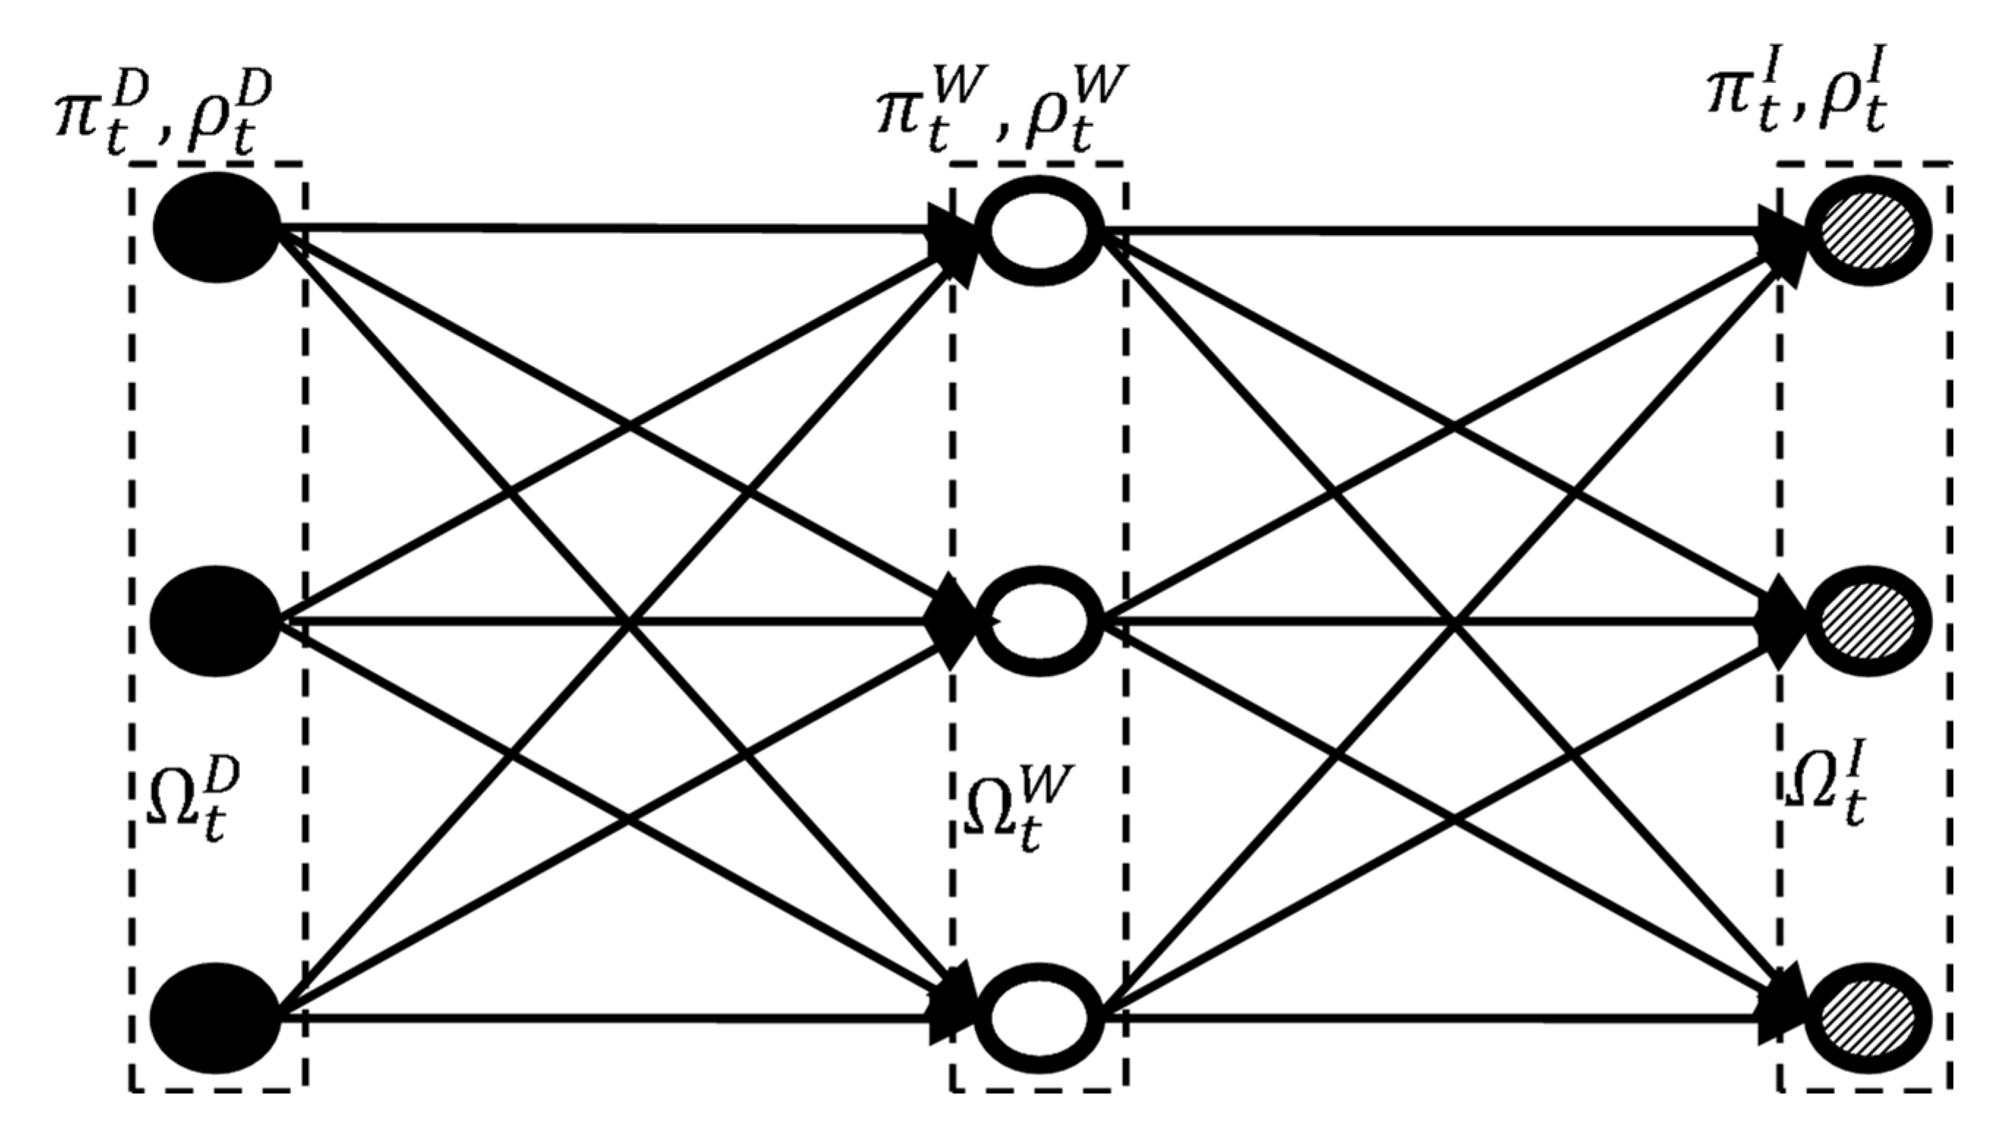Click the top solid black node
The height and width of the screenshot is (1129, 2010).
pyautogui.click(x=217, y=228)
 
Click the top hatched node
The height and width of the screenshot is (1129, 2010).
pyautogui.click(x=1867, y=231)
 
